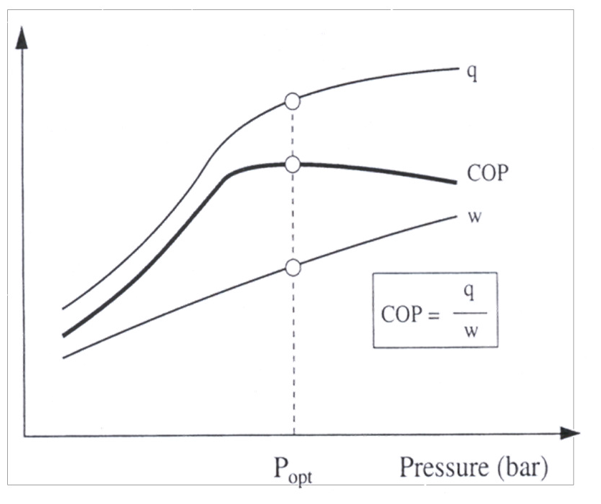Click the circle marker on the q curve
[x=292, y=101]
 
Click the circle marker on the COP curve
[x=292, y=164]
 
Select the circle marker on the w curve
[x=292, y=268]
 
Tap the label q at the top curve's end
[x=472, y=73]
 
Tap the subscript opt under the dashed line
[x=300, y=476]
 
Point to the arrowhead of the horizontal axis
[x=570, y=434]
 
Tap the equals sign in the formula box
[x=432, y=314]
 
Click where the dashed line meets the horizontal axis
[x=293, y=435]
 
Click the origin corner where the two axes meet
[x=25, y=435]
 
